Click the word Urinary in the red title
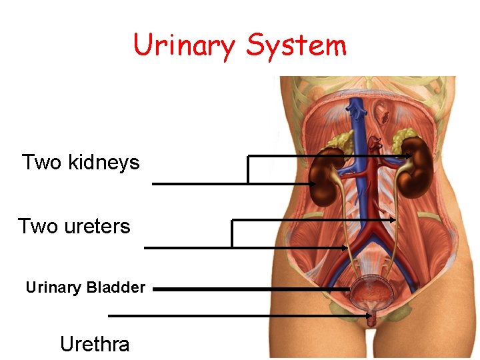click(184, 46)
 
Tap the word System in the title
click(296, 46)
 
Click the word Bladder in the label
click(116, 288)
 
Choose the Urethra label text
click(95, 344)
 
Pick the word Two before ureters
click(38, 226)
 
